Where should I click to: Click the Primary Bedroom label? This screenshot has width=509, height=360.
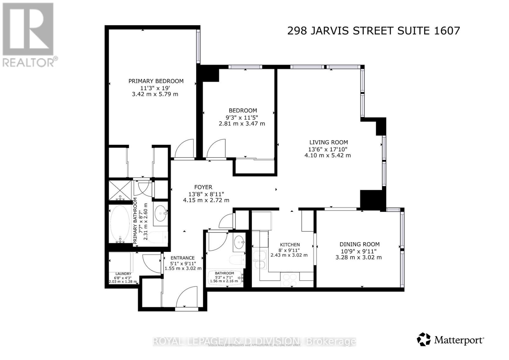pos(156,81)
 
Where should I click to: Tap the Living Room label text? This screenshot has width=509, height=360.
pos(328,142)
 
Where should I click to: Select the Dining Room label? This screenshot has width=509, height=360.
pos(359,244)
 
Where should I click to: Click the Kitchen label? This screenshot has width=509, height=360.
pos(289,245)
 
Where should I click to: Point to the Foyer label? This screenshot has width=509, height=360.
pos(203,187)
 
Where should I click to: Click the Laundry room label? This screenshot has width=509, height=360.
pos(123,274)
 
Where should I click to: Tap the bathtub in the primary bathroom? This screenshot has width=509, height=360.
pos(120,224)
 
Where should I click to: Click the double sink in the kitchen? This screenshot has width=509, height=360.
pos(260,259)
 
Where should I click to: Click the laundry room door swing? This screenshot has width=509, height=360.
pos(151,263)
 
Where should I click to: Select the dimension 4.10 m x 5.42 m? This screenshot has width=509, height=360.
pos(327,156)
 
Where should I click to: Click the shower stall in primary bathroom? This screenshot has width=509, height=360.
pos(120,190)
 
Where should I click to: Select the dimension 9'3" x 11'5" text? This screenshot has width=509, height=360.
pos(242,117)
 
